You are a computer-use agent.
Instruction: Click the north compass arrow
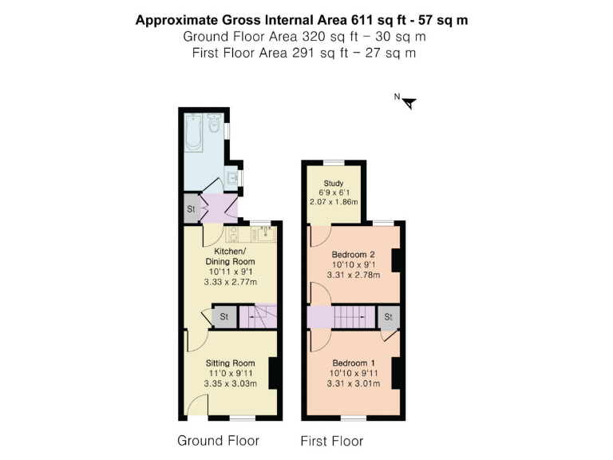click(409, 102)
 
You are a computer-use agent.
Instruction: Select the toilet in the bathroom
click(214, 124)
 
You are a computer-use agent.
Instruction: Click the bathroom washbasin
click(232, 177)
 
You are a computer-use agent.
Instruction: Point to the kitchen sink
click(263, 234)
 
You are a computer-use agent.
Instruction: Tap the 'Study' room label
click(333, 184)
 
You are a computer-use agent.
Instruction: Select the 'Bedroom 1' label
click(354, 363)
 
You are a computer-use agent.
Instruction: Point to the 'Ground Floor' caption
click(218, 440)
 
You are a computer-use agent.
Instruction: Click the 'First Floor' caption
click(331, 441)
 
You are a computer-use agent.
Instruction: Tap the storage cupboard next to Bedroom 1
click(389, 317)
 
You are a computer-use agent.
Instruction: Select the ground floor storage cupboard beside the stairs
click(224, 316)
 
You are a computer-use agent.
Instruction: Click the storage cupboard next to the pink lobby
click(191, 208)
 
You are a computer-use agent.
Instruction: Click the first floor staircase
click(348, 317)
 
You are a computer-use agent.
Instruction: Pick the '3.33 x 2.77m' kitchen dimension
click(230, 282)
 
